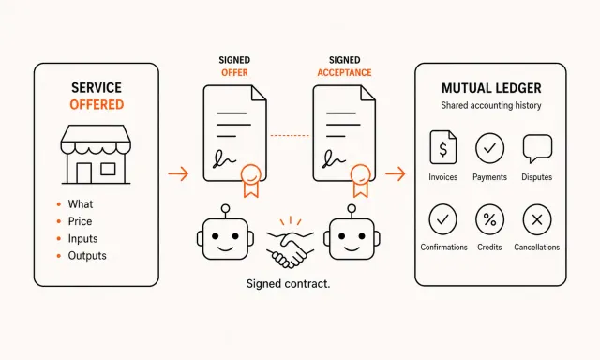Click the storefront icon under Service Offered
pos(96,154)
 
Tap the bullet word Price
pos(80,221)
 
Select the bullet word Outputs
pos(87,256)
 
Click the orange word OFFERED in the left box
pos(97,104)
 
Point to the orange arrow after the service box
pos(178,173)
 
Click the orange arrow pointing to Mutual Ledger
pos(396,174)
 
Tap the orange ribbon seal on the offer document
pos(251,181)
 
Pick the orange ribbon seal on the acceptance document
pos(360,181)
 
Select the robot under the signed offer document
pos(225,233)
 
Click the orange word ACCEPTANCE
pos(344,73)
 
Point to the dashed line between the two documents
pos(290,135)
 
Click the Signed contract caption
pos(288,284)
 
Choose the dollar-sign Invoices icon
pos(443,147)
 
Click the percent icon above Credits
pos(489,219)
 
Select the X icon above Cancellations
pos(537,219)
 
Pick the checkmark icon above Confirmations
pos(442,219)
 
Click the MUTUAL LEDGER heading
pos(491,88)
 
